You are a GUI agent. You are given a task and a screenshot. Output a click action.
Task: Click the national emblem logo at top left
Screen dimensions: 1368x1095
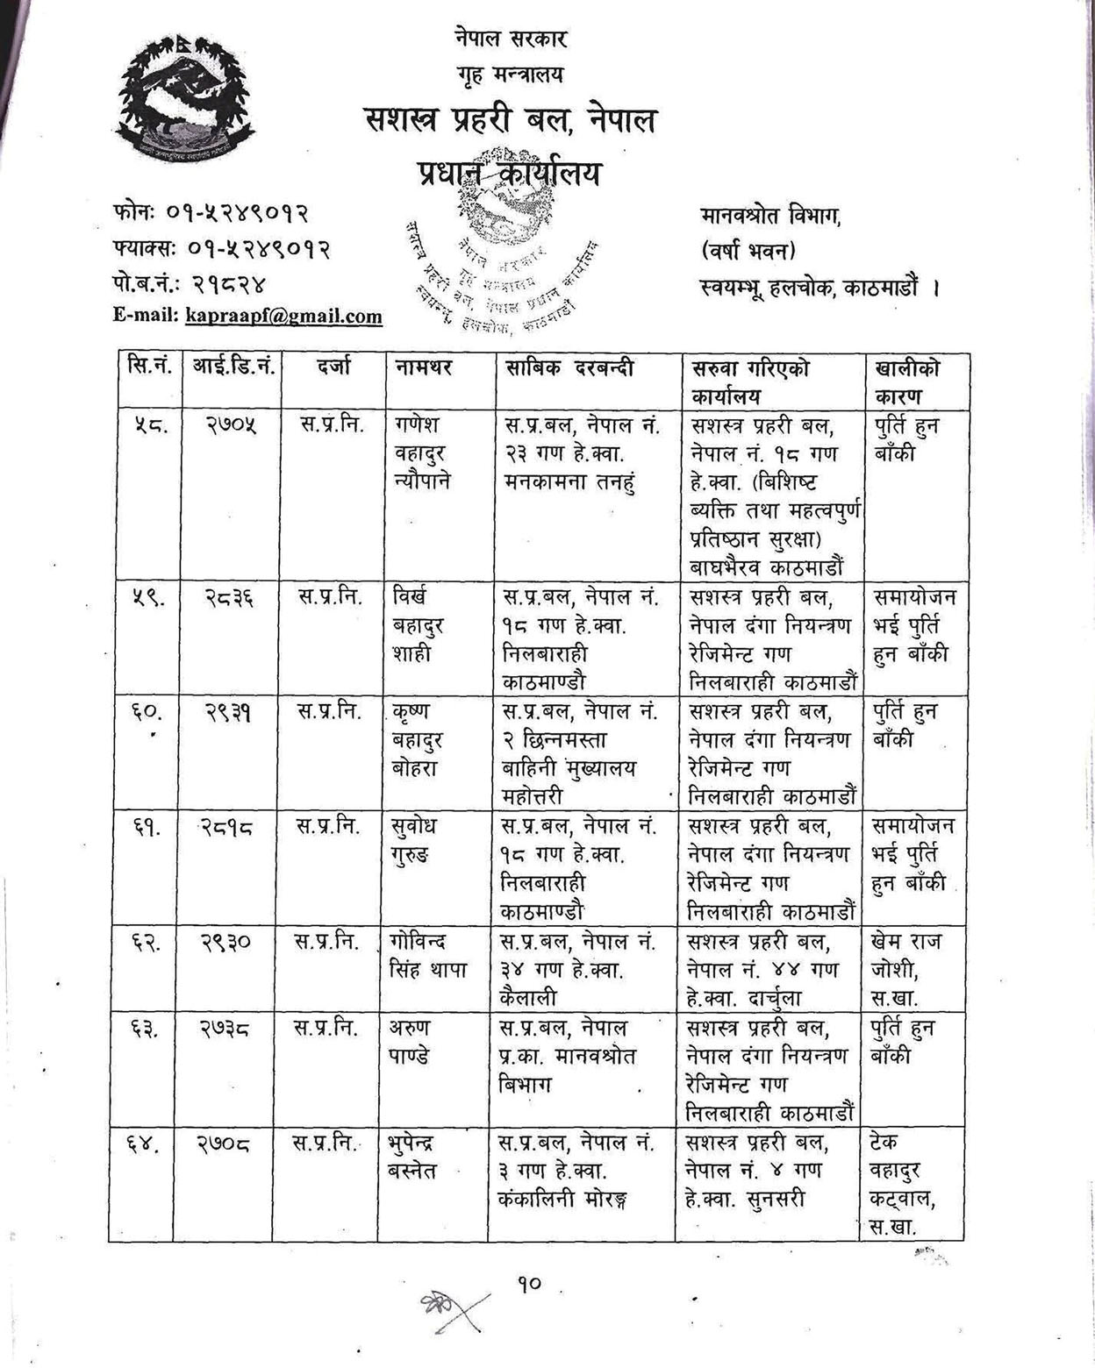[x=187, y=102]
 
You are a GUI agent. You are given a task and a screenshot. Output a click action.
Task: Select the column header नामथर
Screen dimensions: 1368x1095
[x=422, y=369]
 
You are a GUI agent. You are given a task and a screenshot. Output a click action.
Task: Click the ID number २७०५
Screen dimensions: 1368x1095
[x=231, y=425]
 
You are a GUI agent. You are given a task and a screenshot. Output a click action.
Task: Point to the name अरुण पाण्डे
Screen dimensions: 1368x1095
[x=410, y=1043]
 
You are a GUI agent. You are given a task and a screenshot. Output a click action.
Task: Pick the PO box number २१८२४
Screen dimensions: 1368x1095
[x=229, y=283]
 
